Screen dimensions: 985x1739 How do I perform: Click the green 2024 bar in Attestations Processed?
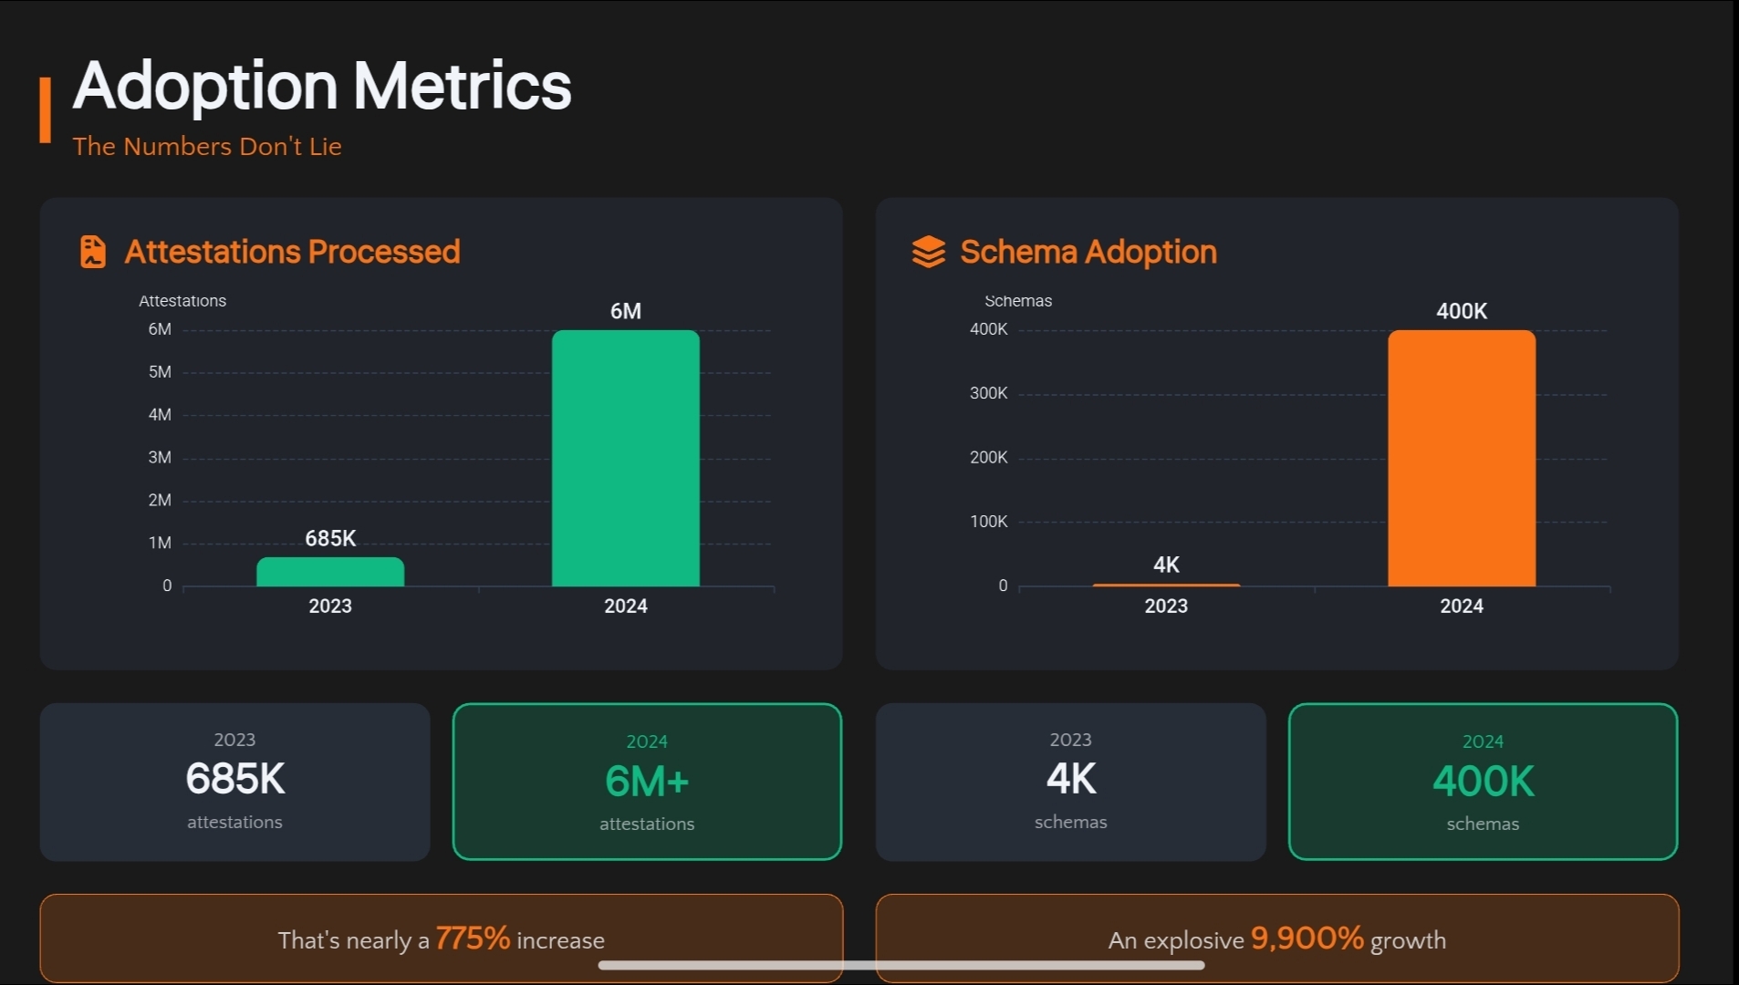point(625,458)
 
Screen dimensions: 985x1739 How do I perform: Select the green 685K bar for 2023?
point(330,572)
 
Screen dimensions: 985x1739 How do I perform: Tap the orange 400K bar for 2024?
point(1461,458)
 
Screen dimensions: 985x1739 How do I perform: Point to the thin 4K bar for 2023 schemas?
point(1166,585)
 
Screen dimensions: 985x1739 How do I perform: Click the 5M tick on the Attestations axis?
point(160,372)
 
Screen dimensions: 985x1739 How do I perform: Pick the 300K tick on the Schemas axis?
point(988,393)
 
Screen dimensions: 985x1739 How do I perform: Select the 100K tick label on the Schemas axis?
point(988,522)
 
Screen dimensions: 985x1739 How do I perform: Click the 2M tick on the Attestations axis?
point(160,500)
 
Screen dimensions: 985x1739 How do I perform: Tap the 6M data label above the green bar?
point(625,311)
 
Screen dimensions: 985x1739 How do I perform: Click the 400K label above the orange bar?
point(1461,311)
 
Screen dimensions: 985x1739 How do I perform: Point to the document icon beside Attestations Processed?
point(93,252)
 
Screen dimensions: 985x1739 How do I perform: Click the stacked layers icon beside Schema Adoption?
point(928,252)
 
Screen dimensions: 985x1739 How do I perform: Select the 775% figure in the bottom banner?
point(473,938)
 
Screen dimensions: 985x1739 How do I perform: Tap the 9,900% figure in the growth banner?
point(1307,938)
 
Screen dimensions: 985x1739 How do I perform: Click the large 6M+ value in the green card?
point(647,782)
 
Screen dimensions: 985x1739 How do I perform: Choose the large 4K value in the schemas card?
point(1070,779)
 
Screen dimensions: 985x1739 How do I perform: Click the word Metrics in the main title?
point(462,86)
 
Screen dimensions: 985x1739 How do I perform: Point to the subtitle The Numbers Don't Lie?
point(207,146)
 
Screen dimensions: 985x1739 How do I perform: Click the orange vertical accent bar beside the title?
point(45,109)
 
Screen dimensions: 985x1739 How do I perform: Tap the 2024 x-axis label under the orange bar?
point(1461,606)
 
